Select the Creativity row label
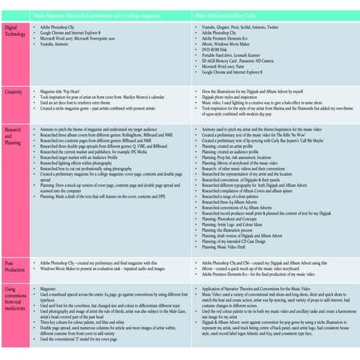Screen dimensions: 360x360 coord(13,91)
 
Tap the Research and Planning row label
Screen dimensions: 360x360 coord(14,134)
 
